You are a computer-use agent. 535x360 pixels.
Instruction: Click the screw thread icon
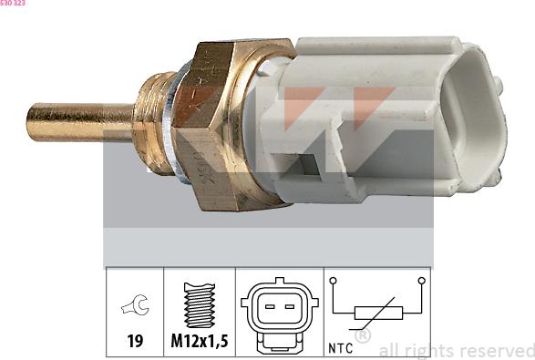coord(199,305)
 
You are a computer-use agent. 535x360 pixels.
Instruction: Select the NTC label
coord(340,347)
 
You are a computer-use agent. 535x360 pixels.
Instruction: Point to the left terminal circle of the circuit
coord(334,281)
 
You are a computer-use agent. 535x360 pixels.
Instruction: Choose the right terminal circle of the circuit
coord(422,281)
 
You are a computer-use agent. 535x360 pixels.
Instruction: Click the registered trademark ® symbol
coord(363,335)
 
